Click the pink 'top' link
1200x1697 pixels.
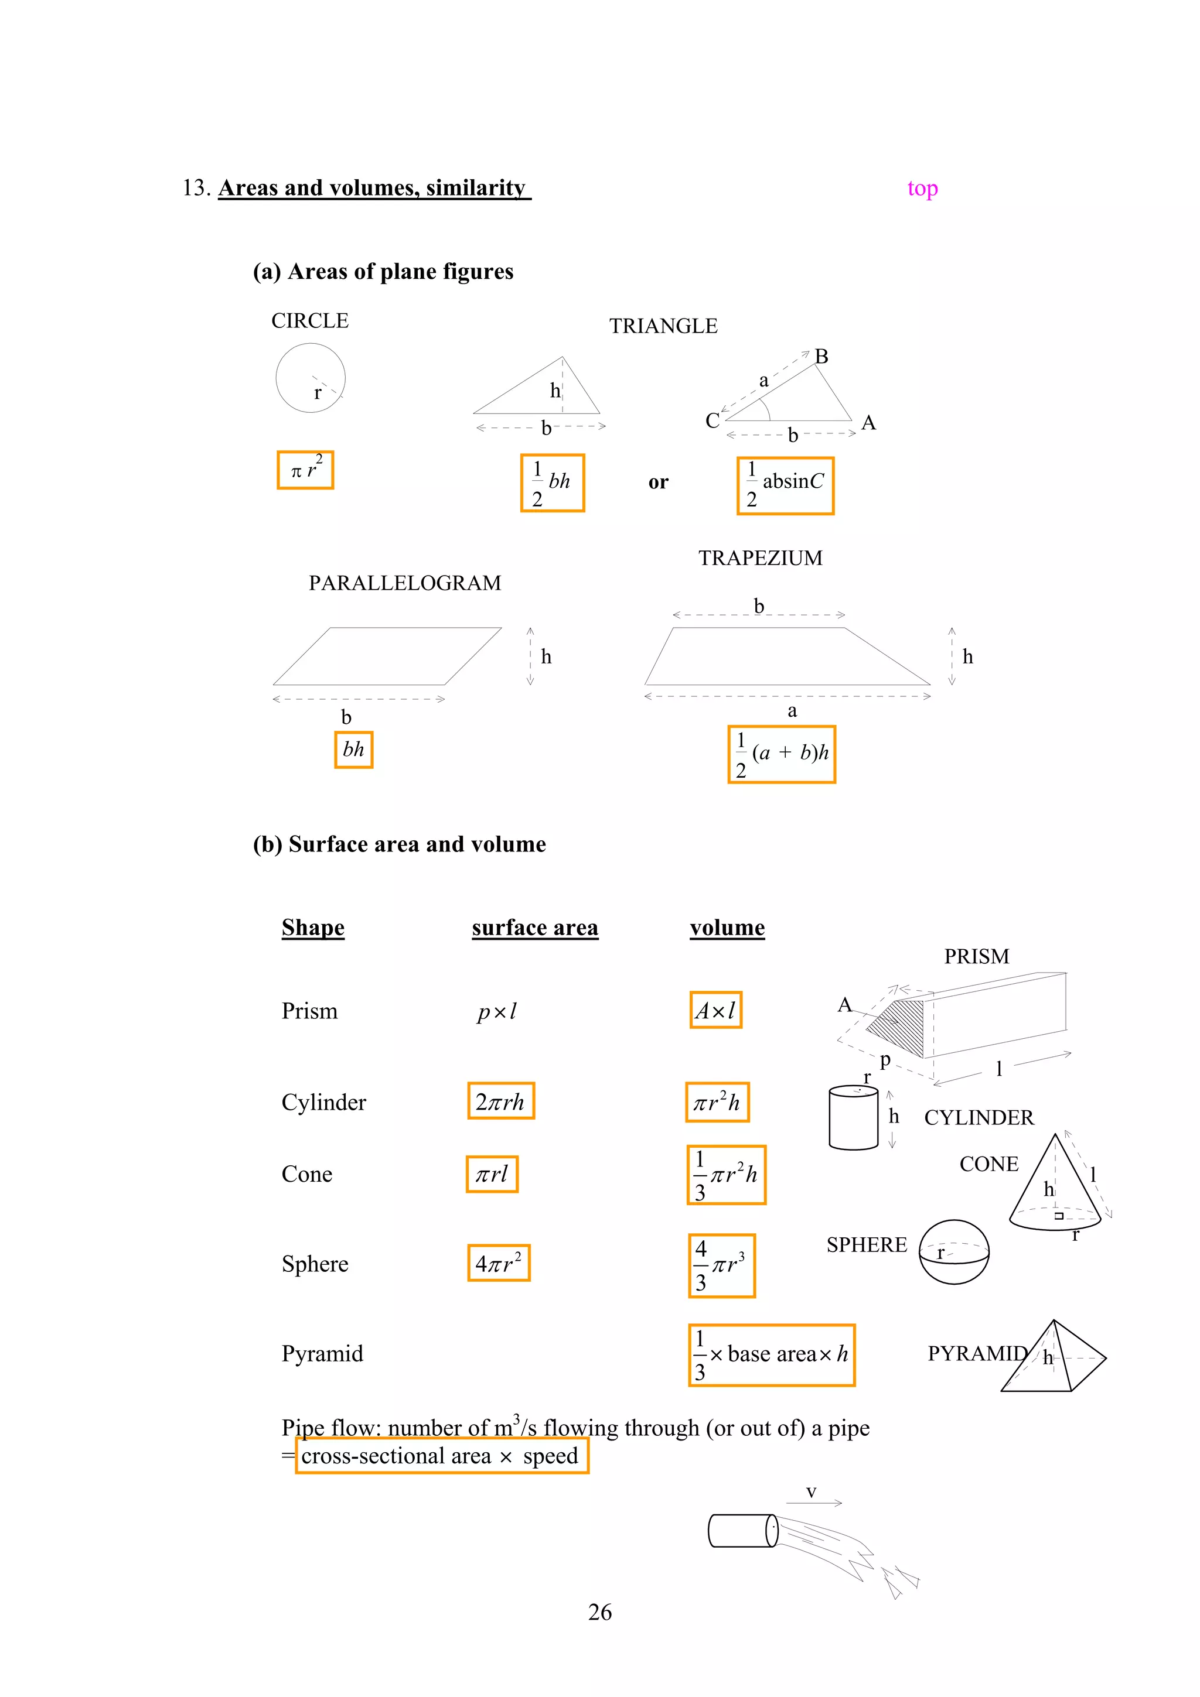(922, 189)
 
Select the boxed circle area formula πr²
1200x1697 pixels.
(305, 470)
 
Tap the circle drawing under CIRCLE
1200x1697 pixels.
(311, 378)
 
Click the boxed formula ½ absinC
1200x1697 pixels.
(785, 485)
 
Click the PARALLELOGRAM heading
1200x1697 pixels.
(404, 583)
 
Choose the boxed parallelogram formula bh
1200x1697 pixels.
(353, 750)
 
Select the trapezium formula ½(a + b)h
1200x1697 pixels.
(782, 754)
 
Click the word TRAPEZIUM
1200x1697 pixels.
(760, 558)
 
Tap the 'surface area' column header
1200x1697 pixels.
(534, 928)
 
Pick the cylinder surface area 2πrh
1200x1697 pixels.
(500, 1101)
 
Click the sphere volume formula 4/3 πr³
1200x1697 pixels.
(722, 1265)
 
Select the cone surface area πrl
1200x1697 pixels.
(492, 1173)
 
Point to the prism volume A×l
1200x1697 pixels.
(715, 1010)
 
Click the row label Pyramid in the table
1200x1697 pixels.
(322, 1353)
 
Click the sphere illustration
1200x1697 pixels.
(954, 1252)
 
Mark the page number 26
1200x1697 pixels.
(599, 1612)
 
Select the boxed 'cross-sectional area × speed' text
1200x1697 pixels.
(441, 1456)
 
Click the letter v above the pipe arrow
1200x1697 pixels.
(811, 1492)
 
